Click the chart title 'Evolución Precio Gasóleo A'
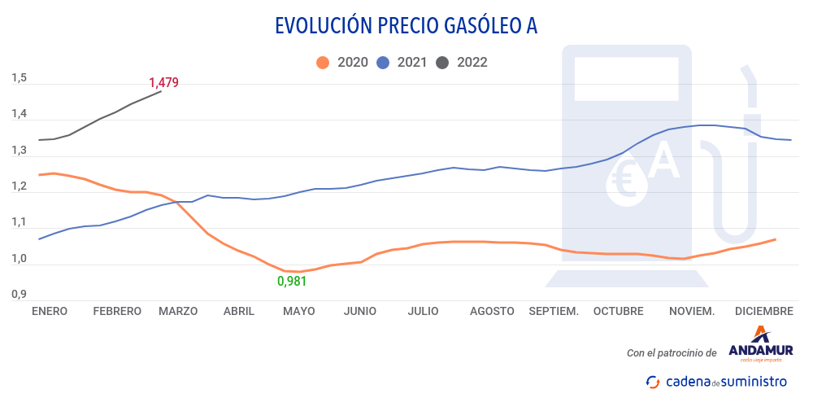point(406,26)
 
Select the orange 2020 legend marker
point(323,62)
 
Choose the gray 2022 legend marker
point(443,62)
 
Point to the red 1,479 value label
point(163,82)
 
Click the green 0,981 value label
point(293,282)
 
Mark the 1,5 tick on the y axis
point(20,78)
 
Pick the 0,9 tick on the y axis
point(20,295)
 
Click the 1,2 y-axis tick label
point(20,186)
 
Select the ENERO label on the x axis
point(49,311)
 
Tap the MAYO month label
point(298,311)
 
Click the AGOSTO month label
point(492,311)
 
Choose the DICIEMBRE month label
point(763,311)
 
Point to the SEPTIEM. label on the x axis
point(554,311)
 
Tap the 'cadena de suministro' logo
point(716,381)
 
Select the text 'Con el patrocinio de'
point(672,352)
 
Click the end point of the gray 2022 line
point(161,91)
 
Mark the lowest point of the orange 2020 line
point(299,272)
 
